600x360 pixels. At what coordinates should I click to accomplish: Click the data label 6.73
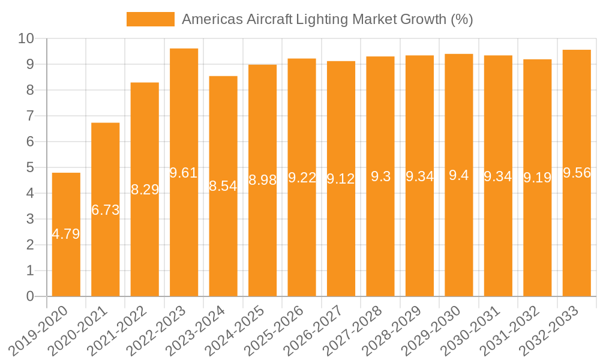(105, 210)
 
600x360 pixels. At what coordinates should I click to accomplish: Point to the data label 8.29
(145, 190)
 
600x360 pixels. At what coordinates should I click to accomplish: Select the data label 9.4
(459, 176)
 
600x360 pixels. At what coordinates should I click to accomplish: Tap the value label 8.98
(262, 180)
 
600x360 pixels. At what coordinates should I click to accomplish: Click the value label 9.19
(537, 178)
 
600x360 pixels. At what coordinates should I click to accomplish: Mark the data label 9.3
(380, 176)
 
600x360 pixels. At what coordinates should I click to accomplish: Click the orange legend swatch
(150, 19)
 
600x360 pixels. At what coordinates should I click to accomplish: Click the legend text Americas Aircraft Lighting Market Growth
(327, 19)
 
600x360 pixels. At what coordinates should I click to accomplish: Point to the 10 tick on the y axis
(26, 38)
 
